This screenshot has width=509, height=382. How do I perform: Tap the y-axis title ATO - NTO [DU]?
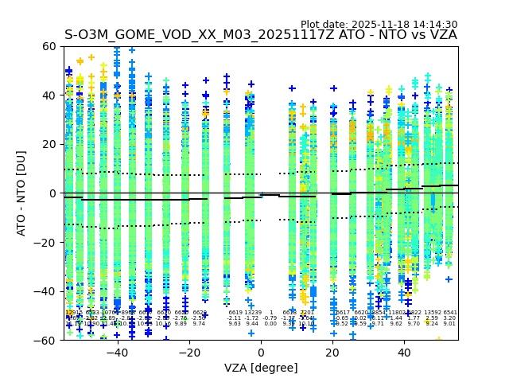[22, 193]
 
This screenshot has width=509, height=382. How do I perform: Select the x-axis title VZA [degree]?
[261, 368]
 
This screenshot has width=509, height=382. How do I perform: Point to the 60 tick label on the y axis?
[49, 46]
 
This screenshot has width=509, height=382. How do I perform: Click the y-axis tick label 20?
[49, 144]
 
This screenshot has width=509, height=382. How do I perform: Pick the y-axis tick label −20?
[46, 242]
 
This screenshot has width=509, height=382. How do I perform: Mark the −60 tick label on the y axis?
[46, 340]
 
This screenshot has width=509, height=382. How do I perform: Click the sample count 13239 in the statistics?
[252, 313]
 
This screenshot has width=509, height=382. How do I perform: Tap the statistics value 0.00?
[270, 324]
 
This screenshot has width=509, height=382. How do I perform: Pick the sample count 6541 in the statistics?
[449, 313]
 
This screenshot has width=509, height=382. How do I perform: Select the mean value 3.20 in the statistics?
[449, 318]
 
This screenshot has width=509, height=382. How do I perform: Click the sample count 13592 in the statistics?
[432, 313]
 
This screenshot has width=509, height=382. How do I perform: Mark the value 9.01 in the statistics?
[449, 324]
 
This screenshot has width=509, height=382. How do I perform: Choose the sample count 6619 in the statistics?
[235, 313]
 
